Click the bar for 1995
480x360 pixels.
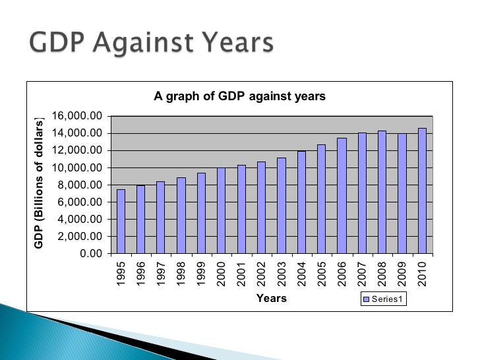point(121,221)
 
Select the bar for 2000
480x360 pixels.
point(222,210)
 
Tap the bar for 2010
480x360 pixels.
point(422,191)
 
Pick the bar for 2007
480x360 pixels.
point(362,193)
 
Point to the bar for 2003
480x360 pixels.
point(282,205)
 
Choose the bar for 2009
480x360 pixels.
point(402,193)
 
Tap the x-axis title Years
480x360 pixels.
point(271,299)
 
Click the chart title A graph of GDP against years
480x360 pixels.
point(240,96)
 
